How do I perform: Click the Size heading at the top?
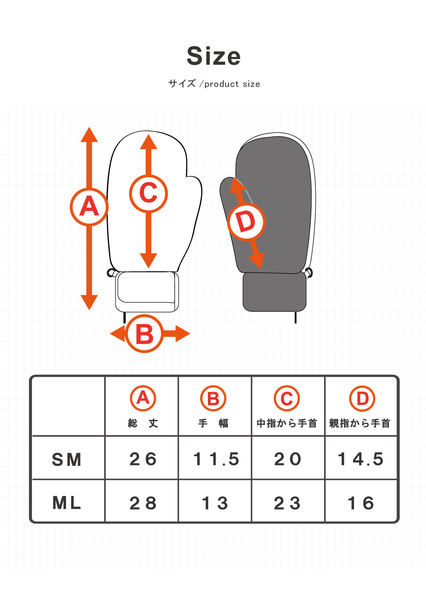(214, 56)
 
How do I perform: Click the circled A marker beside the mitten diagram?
(89, 207)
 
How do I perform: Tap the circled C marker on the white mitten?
(148, 194)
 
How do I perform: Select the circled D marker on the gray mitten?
(246, 222)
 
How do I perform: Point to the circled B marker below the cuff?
(144, 334)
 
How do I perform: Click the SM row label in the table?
(66, 459)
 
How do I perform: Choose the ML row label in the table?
(66, 503)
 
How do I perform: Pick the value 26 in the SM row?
(143, 459)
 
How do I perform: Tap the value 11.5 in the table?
(216, 459)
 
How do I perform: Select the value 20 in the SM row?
(288, 459)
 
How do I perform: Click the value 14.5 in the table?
(361, 459)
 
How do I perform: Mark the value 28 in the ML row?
(143, 503)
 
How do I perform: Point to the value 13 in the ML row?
(216, 503)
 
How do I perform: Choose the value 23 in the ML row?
(288, 503)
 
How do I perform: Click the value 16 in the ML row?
(361, 503)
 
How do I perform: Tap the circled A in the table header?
(143, 398)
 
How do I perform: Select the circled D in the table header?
(362, 399)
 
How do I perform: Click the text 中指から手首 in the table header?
(287, 423)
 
